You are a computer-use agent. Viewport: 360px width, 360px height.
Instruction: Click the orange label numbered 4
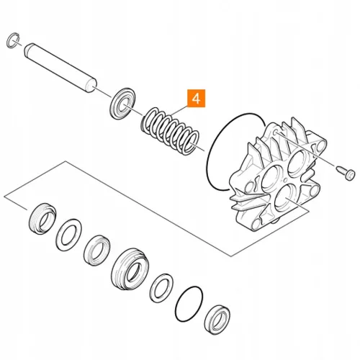point(196,99)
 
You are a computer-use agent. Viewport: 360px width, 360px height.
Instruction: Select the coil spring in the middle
point(170,131)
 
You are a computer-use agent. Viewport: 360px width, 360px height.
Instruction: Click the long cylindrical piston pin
point(60,68)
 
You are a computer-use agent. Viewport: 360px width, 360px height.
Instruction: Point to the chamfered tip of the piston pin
point(27,50)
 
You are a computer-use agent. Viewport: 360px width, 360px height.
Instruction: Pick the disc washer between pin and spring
point(122,104)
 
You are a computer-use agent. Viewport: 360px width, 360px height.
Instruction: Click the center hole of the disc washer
point(125,106)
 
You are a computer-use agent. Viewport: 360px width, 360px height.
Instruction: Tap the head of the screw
point(351,174)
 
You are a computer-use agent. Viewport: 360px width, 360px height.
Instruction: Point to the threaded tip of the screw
point(338,168)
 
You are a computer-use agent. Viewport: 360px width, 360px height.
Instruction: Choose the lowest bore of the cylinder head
point(285,198)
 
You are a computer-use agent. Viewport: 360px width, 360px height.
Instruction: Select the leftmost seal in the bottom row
point(42,219)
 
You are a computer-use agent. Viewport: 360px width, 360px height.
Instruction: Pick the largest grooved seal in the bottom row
point(130,269)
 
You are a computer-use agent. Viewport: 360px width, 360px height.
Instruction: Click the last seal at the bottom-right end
point(217,320)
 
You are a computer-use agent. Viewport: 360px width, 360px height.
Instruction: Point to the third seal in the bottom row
point(97,250)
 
